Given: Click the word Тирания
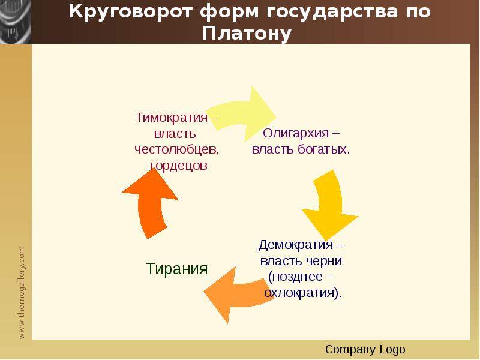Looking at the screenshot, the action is click(x=177, y=268).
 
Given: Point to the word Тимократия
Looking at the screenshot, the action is click(x=172, y=118).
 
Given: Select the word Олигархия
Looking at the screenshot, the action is click(x=296, y=133).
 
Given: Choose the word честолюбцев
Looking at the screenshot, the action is click(x=176, y=149).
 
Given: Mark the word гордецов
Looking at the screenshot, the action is click(x=179, y=166).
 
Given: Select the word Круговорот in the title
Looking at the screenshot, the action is click(x=131, y=12).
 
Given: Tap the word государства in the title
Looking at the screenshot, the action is click(x=332, y=12).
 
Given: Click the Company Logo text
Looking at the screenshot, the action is click(x=365, y=349).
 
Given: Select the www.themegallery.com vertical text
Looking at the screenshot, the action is click(x=22, y=292).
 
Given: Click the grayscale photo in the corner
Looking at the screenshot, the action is click(x=16, y=22).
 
